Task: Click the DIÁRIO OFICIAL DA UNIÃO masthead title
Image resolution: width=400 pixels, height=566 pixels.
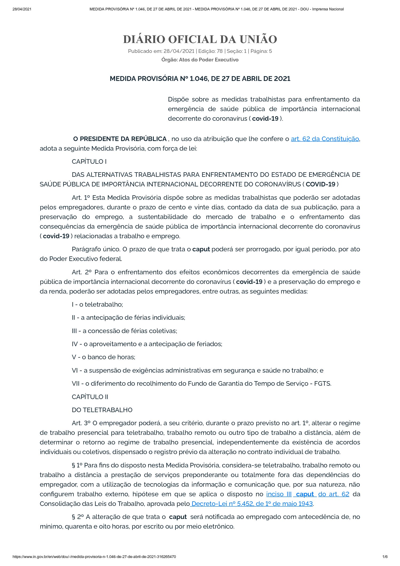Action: pos(200,39)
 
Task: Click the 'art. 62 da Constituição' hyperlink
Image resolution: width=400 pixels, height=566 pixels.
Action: pos(325,139)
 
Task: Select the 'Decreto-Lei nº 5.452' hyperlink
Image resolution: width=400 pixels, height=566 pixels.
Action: pos(252,503)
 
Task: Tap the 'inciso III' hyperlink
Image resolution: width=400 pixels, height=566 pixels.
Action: pos(279,494)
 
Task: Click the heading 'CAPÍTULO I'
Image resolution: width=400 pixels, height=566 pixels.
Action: pos(89,162)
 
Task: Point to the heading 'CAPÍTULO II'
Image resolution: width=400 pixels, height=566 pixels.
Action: pos(90,397)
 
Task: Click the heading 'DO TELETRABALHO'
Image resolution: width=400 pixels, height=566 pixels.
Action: pos(102,410)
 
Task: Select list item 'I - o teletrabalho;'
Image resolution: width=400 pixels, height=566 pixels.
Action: pos(97,304)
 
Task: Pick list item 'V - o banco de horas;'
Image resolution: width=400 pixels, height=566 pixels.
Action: pos(103,357)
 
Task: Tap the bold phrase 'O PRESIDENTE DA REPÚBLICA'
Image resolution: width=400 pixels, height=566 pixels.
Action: pos(120,139)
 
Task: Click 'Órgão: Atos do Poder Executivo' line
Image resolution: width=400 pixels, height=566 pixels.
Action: pos(200,60)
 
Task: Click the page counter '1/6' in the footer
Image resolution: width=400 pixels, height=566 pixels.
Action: pos(385,557)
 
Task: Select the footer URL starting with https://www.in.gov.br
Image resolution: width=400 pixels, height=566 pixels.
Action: pos(94,557)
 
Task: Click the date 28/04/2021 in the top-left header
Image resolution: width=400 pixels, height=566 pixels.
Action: pos(22,9)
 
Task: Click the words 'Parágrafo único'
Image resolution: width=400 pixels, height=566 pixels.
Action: pos(96,249)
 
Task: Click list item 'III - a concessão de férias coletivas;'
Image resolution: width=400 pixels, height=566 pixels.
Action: pos(124,331)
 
